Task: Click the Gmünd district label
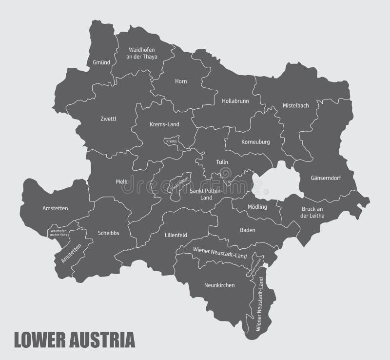[x=101, y=62]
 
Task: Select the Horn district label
[x=181, y=81]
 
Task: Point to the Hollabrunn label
[x=235, y=101]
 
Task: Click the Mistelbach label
[x=295, y=105]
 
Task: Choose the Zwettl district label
[x=108, y=119]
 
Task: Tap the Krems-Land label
[x=164, y=124]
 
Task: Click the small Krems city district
[x=171, y=141]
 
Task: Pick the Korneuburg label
[x=255, y=142]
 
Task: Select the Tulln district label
[x=222, y=162]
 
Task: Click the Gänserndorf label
[x=326, y=178]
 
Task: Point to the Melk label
[x=121, y=181]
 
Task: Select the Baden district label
[x=248, y=230]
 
